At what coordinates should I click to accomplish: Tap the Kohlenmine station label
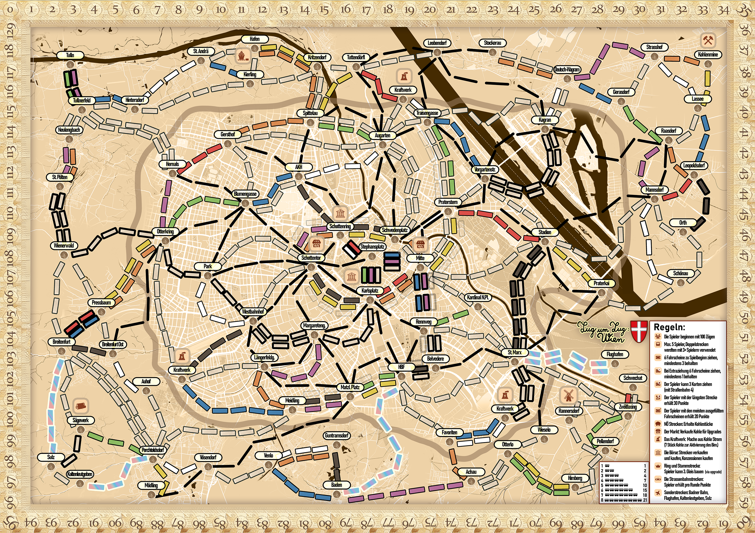click(x=708, y=55)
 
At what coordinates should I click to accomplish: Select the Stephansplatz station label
click(x=372, y=246)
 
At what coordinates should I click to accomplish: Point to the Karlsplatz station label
click(x=370, y=290)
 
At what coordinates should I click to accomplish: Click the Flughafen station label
click(x=614, y=354)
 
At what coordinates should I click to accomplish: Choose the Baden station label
click(x=336, y=485)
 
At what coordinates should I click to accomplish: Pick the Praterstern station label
click(x=448, y=202)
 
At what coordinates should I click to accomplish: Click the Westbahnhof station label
click(x=253, y=311)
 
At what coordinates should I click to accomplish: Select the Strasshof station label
click(x=654, y=47)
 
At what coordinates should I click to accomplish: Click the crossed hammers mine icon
click(x=707, y=40)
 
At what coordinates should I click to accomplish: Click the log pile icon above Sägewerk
click(x=80, y=406)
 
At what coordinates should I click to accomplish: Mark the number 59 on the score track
click(x=744, y=502)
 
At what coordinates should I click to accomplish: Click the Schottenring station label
click(x=340, y=226)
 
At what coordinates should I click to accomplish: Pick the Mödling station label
click(x=151, y=485)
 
